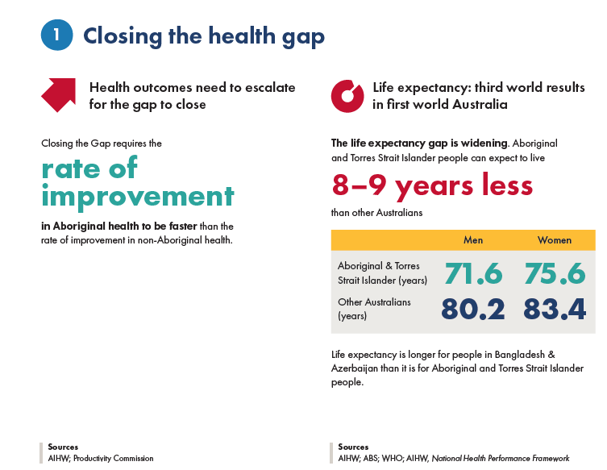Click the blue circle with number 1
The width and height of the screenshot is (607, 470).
pos(56,35)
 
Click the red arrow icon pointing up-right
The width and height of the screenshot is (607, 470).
pos(58,95)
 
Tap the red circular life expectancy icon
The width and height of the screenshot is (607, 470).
pos(347,95)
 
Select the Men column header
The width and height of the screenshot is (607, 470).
pos(473,239)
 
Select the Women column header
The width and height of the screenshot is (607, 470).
pos(554,239)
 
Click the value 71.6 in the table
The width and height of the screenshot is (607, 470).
pos(473,273)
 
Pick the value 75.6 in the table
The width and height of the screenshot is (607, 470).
pos(554,273)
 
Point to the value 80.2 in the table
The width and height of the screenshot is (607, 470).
pos(473,309)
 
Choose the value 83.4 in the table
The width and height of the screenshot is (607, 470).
pos(554,309)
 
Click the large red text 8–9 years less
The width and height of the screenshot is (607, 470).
pos(432,185)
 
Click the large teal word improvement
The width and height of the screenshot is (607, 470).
pos(138,196)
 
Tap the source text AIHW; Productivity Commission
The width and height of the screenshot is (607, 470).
pos(100,458)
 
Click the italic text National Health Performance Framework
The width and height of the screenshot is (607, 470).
pos(501,458)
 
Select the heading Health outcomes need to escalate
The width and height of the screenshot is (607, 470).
pos(192,87)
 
